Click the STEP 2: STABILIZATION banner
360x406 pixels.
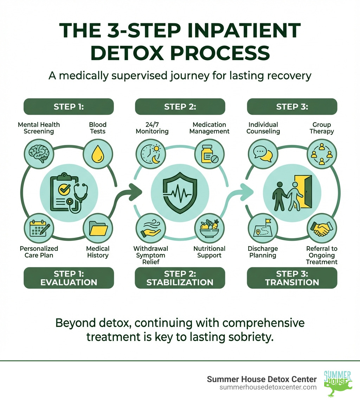[180, 278]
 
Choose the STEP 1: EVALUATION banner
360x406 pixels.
[69, 278]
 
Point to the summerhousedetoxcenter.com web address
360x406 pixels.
[268, 387]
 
